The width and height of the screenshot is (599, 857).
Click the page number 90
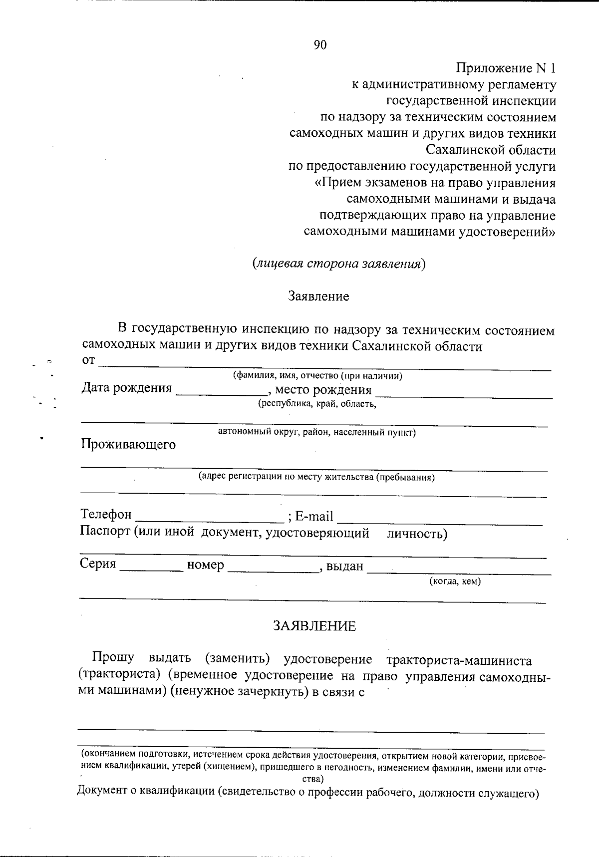click(x=320, y=45)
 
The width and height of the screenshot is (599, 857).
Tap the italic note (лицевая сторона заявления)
click(x=338, y=264)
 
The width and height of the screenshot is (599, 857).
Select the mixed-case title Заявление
click(x=318, y=296)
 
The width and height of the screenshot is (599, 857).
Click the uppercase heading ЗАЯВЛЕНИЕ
click(x=314, y=626)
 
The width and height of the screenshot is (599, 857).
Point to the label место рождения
click(x=323, y=390)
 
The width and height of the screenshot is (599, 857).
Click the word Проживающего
click(x=128, y=444)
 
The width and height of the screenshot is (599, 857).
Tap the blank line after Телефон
click(x=210, y=518)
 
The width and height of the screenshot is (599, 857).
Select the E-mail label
click(x=314, y=516)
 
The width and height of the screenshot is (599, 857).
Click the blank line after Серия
click(x=151, y=569)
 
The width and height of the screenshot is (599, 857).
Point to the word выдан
click(x=344, y=566)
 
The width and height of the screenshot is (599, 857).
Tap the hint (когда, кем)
click(x=455, y=581)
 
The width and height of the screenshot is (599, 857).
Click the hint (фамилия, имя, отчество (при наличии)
click(x=318, y=376)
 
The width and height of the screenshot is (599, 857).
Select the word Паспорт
click(x=105, y=532)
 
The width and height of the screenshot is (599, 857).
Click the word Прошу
click(x=113, y=657)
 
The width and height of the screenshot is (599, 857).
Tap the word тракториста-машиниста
click(x=459, y=660)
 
